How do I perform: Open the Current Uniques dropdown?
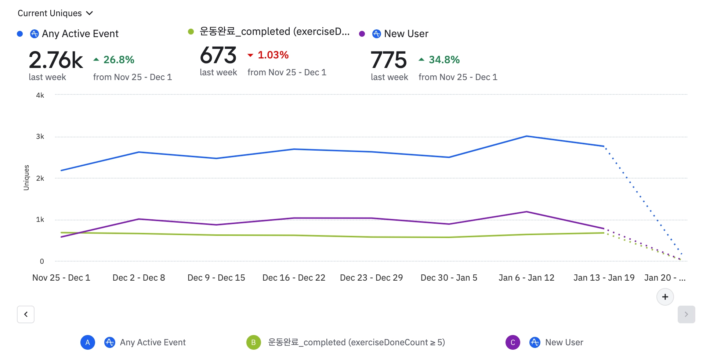click(x=55, y=13)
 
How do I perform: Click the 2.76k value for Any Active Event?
click(x=56, y=60)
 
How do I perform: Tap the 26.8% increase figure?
click(x=118, y=60)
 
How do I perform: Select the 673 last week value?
click(x=218, y=55)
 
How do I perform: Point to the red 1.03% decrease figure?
click(x=273, y=55)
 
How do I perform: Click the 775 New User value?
click(x=388, y=60)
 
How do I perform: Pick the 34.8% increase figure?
click(x=444, y=60)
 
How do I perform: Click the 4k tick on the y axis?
click(x=40, y=96)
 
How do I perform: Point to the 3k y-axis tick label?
click(x=40, y=137)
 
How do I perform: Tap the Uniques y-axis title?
click(x=26, y=178)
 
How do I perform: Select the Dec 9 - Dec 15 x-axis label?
click(x=216, y=278)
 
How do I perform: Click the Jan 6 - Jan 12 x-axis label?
click(x=526, y=278)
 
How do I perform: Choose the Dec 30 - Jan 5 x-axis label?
click(x=449, y=278)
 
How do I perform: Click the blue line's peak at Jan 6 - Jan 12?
click(x=526, y=136)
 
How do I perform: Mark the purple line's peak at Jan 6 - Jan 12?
click(x=526, y=212)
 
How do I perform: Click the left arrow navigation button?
click(x=26, y=314)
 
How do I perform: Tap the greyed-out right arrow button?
click(x=686, y=314)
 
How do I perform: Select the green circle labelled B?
click(x=253, y=342)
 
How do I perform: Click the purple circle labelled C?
click(x=512, y=342)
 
